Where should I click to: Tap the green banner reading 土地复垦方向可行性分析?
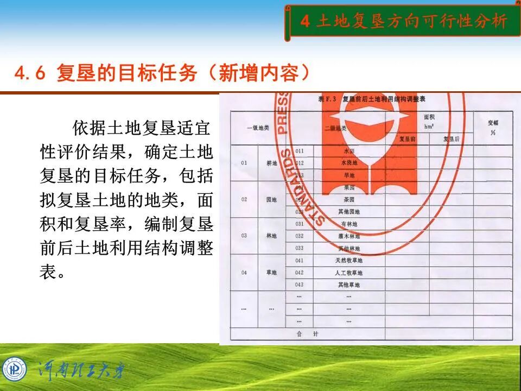click(404, 21)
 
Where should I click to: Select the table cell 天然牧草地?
click(348, 261)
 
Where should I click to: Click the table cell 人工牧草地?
click(348, 273)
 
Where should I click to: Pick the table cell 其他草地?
click(348, 285)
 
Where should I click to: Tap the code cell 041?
click(300, 261)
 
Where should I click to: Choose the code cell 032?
click(300, 236)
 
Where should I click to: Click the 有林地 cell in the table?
click(348, 224)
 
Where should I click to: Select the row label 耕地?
click(271, 162)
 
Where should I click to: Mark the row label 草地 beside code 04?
click(271, 273)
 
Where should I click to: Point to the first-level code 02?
click(244, 199)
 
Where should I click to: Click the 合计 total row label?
click(307, 333)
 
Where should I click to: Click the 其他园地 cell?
click(349, 211)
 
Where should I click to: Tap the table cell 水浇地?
click(349, 162)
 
